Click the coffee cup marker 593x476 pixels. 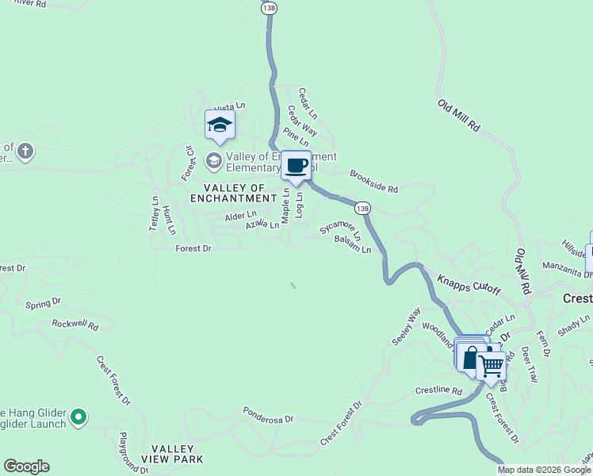296,166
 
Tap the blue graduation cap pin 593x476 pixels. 220,125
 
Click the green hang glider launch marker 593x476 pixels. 78,416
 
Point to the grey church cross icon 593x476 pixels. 25,150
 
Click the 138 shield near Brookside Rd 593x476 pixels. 362,208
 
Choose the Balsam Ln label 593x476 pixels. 353,244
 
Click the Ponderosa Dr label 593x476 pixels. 268,416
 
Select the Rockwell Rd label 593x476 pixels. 75,324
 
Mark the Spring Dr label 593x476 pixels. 43,303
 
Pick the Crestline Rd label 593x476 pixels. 438,391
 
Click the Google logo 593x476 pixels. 26,466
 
